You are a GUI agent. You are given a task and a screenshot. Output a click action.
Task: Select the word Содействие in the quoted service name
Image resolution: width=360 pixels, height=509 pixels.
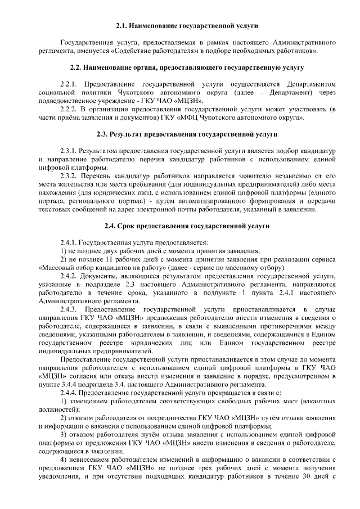pyautogui.click(x=132, y=51)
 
